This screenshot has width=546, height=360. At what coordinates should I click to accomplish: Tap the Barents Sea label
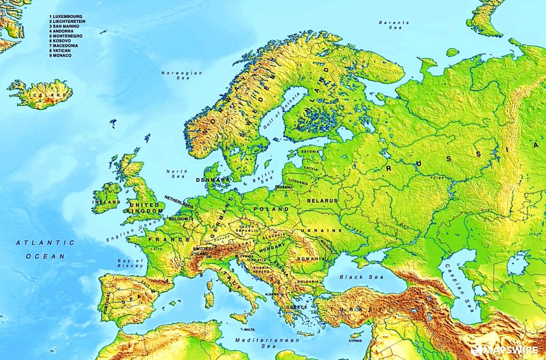394,25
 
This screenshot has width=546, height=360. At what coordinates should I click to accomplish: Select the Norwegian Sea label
182,75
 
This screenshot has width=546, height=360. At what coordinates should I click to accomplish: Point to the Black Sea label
358,277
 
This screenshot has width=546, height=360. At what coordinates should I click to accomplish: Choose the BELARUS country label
322,201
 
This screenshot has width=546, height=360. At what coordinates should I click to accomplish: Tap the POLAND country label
271,210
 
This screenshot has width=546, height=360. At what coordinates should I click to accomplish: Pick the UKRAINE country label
322,230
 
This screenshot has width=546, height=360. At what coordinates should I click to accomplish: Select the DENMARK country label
213,180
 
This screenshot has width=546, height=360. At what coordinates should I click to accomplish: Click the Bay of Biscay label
131,262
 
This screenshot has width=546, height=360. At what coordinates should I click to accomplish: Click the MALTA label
249,330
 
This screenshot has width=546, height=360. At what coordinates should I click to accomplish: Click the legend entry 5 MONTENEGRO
67,36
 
